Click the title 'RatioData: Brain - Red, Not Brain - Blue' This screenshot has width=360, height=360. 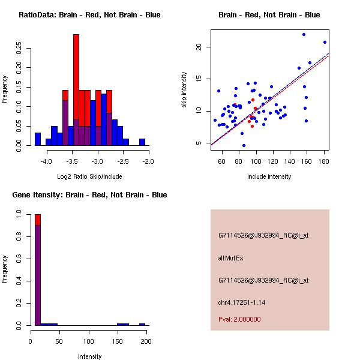point(89,15)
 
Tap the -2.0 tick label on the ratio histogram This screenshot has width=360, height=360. point(148,161)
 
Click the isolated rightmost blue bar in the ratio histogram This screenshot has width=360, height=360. point(142,142)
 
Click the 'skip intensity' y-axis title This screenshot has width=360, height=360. point(184,90)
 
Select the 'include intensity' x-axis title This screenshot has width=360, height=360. point(269,176)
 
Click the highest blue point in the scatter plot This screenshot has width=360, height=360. point(304,35)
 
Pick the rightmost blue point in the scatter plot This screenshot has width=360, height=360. point(325,43)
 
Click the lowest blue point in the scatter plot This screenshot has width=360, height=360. point(244,145)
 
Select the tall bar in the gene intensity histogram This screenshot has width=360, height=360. point(37,270)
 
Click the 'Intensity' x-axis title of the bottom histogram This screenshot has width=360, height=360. point(89,356)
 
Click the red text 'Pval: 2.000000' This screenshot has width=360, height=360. point(239,319)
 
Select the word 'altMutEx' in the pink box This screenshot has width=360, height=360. point(231,258)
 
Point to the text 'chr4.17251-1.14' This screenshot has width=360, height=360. point(242,302)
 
